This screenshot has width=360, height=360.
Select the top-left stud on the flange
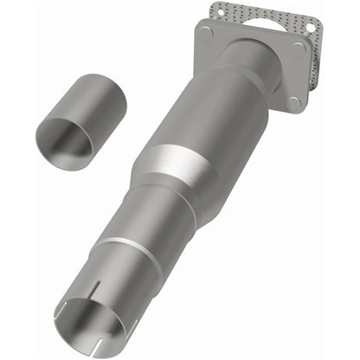coord(205,32)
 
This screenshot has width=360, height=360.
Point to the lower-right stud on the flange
coord(293,102)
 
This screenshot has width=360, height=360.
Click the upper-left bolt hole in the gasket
coord(218,11)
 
